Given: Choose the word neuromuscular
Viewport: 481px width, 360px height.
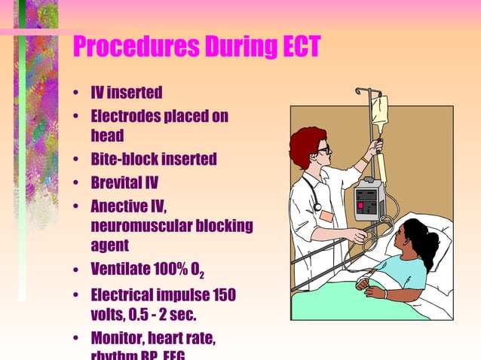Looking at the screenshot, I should click(x=139, y=225).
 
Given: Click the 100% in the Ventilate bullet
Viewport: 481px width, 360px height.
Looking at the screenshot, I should click(x=175, y=269).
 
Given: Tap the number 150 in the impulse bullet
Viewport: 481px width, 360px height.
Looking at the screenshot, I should click(x=224, y=294).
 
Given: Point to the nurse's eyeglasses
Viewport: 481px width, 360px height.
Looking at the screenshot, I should click(x=323, y=150).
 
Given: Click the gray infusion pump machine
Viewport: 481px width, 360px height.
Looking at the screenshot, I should click(x=369, y=200).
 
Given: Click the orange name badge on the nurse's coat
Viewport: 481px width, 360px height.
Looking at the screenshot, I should click(x=326, y=215).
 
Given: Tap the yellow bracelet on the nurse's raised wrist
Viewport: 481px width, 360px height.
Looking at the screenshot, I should click(x=366, y=159).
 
